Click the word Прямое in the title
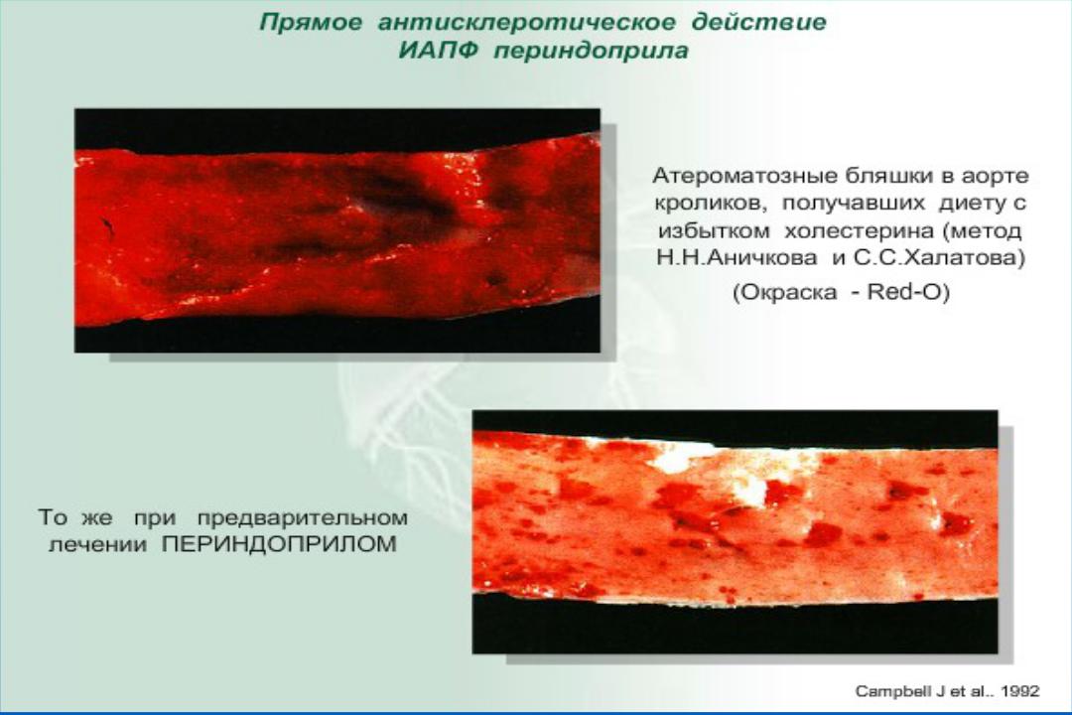[311, 23]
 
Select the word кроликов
[711, 204]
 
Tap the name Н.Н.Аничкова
[737, 258]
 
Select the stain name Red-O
[905, 292]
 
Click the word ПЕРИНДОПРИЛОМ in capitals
[279, 544]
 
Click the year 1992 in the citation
[1020, 692]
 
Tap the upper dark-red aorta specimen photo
[337, 230]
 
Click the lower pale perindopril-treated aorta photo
[735, 531]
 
